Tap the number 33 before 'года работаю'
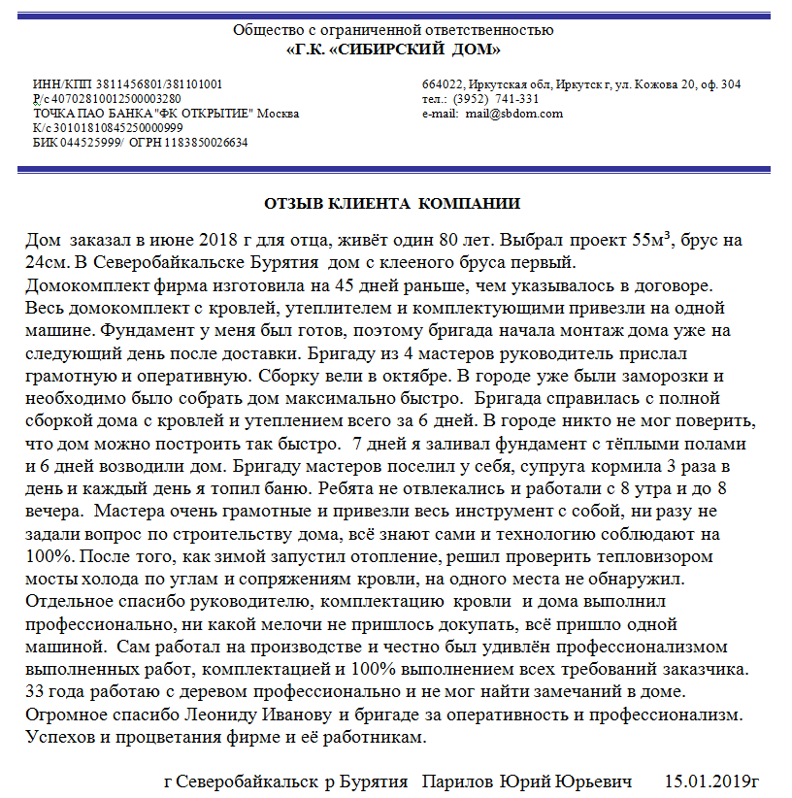pyautogui.click(x=35, y=693)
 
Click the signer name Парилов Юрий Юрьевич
pyautogui.click(x=527, y=781)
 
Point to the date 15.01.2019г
pyautogui.click(x=711, y=781)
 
